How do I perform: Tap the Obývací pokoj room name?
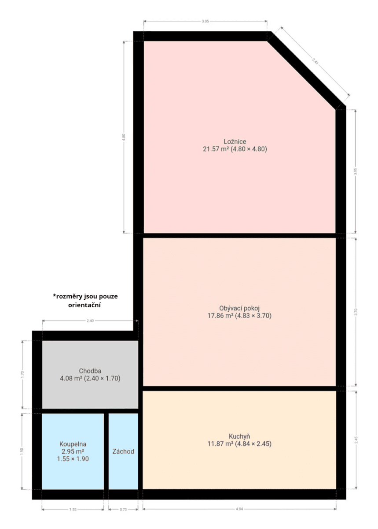pos(239,308)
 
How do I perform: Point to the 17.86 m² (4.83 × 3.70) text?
pos(239,316)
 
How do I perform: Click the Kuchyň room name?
pos(239,436)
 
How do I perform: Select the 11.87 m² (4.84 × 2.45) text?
pos(239,444)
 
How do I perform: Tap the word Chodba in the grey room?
pos(90,371)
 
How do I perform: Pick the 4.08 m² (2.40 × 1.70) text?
pos(90,378)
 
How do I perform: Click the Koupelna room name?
pos(73,444)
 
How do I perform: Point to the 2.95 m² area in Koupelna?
pos(73,451)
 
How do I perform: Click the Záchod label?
pos(123,451)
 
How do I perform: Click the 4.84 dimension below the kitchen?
pos(239,509)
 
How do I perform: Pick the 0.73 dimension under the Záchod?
pos(123,509)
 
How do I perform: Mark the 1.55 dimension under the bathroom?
pos(73,509)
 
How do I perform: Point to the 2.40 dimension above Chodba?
pos(90,321)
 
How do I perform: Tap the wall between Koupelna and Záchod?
pos(106,451)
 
